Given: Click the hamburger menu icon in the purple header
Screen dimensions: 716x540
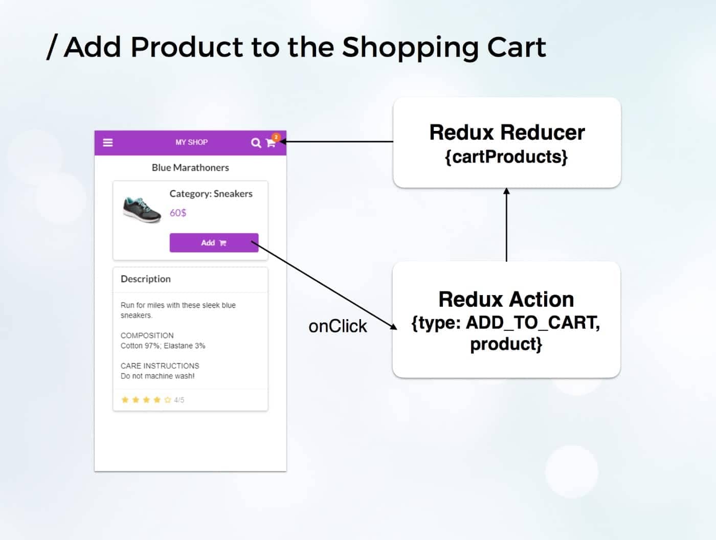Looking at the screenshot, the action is coord(108,143).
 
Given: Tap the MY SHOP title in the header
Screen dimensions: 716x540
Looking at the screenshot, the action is coord(191,142).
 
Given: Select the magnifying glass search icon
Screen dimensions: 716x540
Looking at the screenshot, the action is coord(256,143).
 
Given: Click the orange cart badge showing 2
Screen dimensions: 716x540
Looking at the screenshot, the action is coord(276,137).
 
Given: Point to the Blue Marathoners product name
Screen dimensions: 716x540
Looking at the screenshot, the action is coord(190,168).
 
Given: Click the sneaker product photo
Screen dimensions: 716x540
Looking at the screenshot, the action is coord(142,210).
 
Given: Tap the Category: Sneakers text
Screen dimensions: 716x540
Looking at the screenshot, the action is coord(211,194).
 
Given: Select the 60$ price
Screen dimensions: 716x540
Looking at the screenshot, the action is coord(178,213).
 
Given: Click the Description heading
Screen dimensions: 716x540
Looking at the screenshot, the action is coord(146,279).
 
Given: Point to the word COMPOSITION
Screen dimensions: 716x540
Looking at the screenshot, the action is coord(147,335).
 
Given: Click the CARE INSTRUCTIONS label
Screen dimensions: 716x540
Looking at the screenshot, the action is coord(160,366).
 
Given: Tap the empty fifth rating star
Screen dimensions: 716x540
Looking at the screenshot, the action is coord(168,400).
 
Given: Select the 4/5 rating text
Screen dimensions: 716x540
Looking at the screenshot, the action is coord(179,400).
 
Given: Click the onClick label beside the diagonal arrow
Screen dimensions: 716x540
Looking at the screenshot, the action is coord(338,326).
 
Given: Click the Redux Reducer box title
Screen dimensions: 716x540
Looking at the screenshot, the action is coord(507,132).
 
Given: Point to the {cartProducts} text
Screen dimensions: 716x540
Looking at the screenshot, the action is coord(506,157).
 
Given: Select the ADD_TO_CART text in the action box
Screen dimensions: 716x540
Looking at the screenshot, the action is coord(533,323).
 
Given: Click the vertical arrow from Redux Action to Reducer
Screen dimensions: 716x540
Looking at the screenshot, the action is coord(507,224).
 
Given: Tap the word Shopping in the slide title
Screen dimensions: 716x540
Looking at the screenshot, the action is coord(410,48).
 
